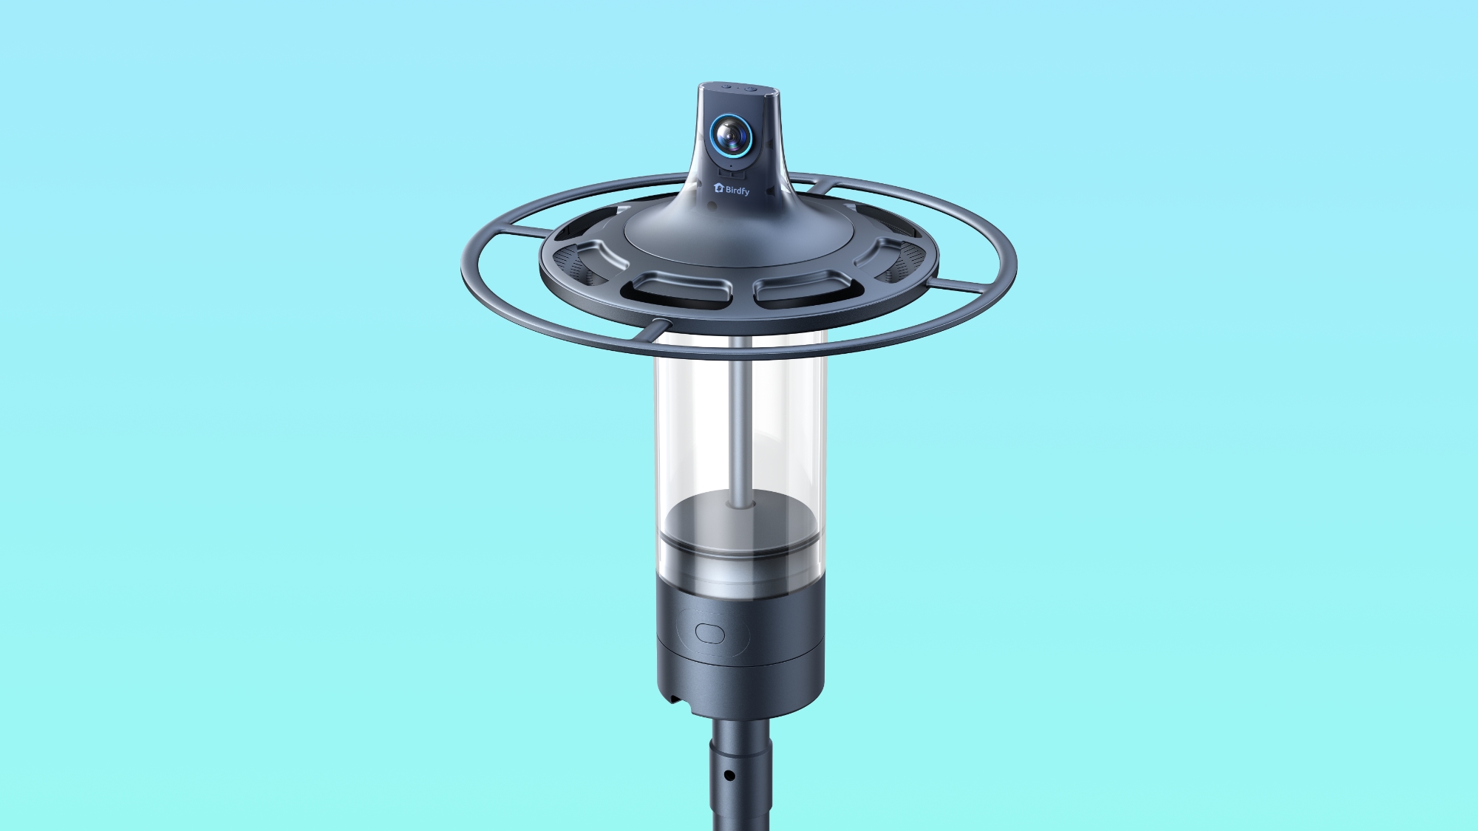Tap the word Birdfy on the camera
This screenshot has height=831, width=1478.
click(737, 191)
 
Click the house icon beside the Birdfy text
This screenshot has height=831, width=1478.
click(718, 188)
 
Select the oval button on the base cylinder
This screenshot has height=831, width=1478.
click(709, 634)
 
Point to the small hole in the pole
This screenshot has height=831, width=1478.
click(729, 776)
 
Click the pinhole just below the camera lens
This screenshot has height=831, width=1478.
click(731, 167)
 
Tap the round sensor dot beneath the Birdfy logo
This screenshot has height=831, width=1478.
click(711, 209)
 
